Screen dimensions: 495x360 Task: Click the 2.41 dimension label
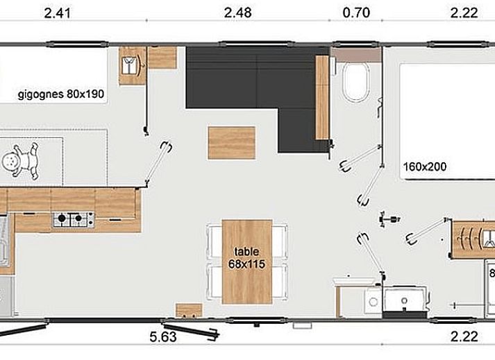click(x=57, y=13)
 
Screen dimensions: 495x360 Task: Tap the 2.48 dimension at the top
click(x=237, y=13)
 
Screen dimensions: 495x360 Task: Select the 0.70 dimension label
click(x=356, y=13)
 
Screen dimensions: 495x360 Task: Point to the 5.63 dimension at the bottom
click(x=163, y=337)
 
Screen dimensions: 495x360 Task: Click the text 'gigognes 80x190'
click(x=61, y=94)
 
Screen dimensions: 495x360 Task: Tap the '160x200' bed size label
click(x=425, y=166)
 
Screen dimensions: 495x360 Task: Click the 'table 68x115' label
click(x=246, y=258)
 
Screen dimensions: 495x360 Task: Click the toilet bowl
click(x=355, y=81)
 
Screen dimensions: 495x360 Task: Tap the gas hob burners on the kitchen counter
click(x=74, y=219)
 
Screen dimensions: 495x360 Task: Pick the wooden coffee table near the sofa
click(x=232, y=143)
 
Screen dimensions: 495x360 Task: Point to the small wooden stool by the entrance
click(x=189, y=311)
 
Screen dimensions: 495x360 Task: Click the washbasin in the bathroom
click(x=404, y=299)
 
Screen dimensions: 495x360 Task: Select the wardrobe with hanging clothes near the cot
click(x=133, y=66)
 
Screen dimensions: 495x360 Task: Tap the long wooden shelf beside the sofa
click(x=322, y=97)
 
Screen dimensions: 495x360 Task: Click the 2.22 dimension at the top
click(x=464, y=13)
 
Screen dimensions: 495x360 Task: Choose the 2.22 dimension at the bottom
click(x=464, y=336)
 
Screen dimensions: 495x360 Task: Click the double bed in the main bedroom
click(x=447, y=121)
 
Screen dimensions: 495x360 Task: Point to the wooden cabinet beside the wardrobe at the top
click(x=162, y=58)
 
